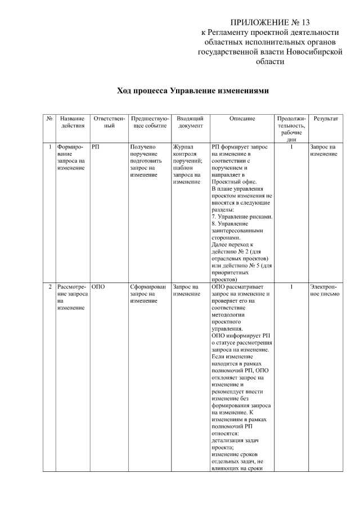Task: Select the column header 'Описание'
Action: click(242, 119)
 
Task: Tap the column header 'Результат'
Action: click(326, 119)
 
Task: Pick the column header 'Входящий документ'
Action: click(190, 123)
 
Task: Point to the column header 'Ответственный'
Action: click(108, 123)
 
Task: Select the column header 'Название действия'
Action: click(72, 123)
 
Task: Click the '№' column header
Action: click(49, 119)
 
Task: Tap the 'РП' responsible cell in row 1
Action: click(96, 147)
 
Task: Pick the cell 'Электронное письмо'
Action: click(325, 290)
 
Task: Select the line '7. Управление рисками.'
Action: click(242, 217)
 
